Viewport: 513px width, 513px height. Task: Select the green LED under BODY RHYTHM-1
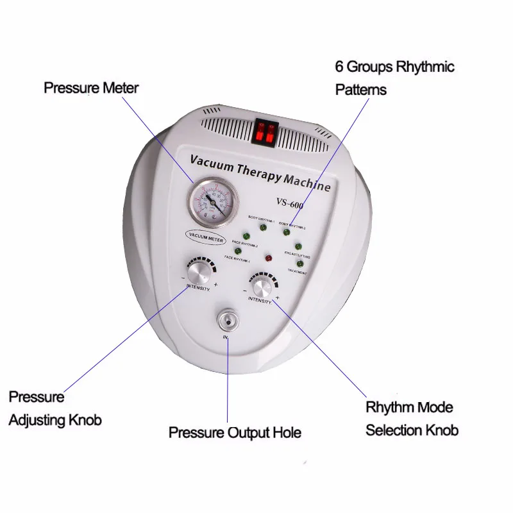263,226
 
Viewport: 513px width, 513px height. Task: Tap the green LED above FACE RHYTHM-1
228,251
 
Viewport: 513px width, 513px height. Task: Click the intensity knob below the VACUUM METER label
199,273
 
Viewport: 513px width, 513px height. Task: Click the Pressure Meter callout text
90,87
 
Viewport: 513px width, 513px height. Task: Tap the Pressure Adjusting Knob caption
55,408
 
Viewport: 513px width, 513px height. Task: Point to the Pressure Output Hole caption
235,432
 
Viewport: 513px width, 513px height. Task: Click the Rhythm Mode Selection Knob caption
412,418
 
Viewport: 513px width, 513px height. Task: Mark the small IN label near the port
225,337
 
